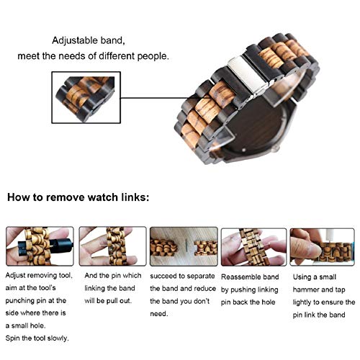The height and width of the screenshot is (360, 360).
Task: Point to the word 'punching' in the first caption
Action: coord(22,301)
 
